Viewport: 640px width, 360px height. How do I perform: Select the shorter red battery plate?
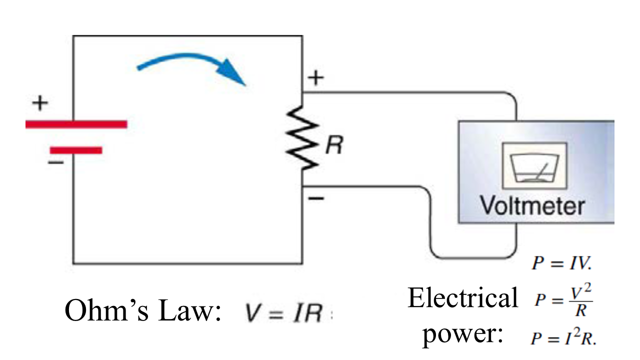coord(76,150)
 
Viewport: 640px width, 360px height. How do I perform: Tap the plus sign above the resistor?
coord(315,79)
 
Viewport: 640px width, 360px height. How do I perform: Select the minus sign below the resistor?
coord(315,198)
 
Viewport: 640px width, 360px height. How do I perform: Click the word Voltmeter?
coord(532,205)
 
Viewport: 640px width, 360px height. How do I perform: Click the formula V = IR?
coord(282,313)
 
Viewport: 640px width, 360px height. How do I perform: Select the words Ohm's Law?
coord(143,311)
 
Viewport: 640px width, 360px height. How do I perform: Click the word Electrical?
coord(462,298)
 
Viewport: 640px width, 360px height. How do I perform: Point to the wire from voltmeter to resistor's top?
coord(410,92)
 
